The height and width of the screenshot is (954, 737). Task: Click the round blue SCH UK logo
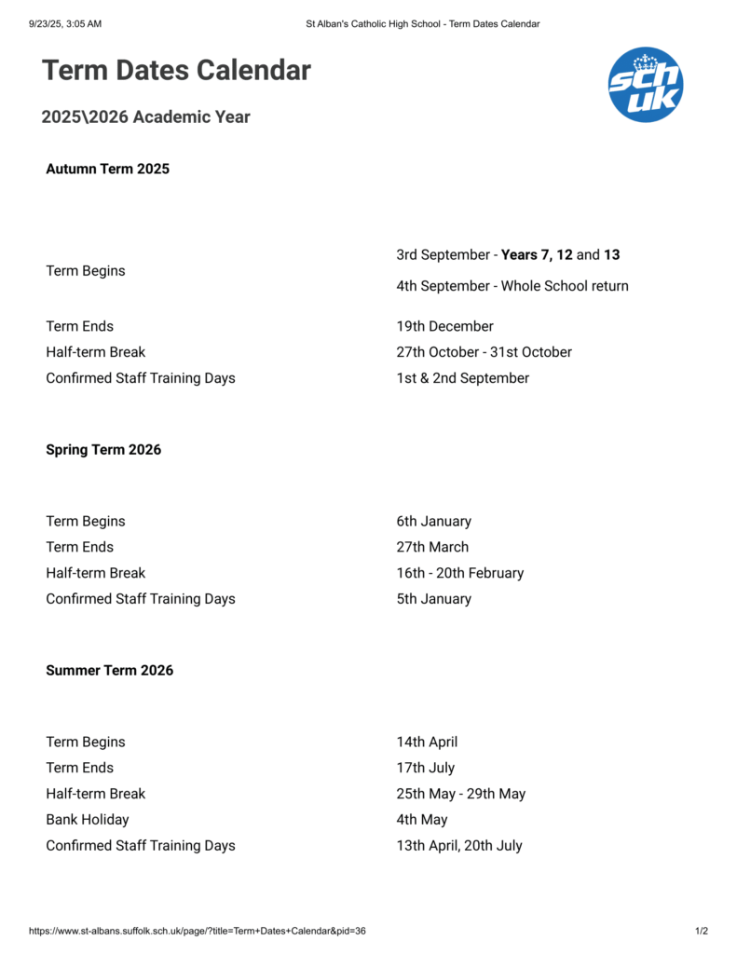645,85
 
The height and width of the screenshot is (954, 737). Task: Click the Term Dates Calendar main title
176,70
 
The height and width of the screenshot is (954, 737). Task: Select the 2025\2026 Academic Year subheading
145,117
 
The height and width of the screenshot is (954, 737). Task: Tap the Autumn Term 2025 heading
107,169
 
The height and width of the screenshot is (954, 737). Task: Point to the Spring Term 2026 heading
103,449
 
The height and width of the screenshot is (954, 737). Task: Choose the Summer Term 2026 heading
109,670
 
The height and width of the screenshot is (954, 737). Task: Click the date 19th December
444,326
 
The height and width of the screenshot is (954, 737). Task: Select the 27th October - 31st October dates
484,352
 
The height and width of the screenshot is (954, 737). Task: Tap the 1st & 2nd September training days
462,378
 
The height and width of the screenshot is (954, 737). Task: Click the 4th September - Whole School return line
512,286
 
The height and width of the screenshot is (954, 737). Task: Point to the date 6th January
433,521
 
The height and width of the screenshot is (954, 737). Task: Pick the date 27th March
432,547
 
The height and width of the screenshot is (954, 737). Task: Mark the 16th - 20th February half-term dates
459,573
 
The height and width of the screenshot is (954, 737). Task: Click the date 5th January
433,599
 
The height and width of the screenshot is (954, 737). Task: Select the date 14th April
427,742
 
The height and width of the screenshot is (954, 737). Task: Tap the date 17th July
425,768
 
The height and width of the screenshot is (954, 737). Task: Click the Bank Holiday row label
88,820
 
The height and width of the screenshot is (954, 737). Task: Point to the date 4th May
421,820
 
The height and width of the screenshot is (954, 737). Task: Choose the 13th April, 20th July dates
458,846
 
